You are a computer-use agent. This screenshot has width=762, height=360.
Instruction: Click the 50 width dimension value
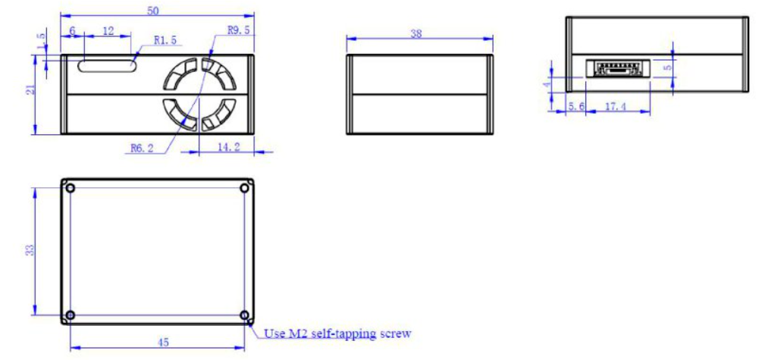tap(152, 11)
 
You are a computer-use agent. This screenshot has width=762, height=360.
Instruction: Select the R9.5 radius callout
tap(238, 30)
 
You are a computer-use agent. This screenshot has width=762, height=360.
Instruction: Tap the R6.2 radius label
tap(143, 149)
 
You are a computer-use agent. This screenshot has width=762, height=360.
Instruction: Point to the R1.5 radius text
tap(165, 40)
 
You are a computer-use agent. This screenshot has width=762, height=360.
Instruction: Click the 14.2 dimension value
tap(229, 147)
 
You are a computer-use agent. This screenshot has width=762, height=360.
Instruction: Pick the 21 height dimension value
tap(30, 90)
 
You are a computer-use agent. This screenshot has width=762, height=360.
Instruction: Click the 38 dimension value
tap(416, 33)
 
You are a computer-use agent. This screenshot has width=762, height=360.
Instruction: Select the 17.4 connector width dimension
tap(616, 106)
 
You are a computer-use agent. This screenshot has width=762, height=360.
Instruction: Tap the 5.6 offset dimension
tap(576, 106)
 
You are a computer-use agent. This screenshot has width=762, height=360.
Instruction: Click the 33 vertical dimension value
tap(30, 249)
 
